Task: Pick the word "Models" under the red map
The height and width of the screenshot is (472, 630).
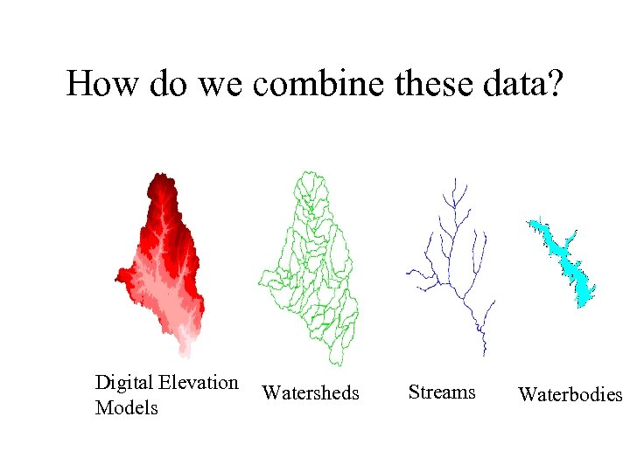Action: coord(126,407)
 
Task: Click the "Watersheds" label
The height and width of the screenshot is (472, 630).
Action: coord(310,393)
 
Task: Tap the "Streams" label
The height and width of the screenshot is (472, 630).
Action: coord(442,392)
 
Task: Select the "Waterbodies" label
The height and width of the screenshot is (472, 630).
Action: coord(570,394)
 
